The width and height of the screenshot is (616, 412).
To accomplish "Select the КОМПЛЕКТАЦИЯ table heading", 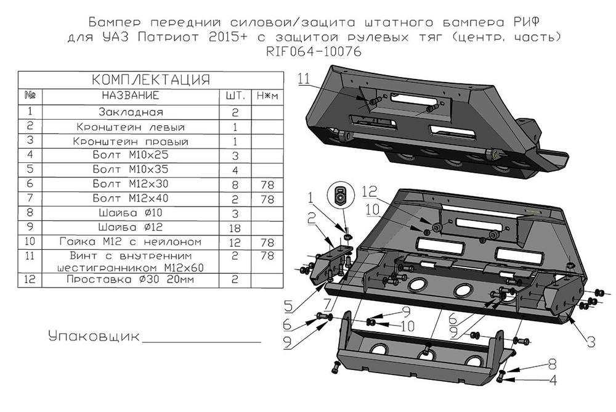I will click(151, 80).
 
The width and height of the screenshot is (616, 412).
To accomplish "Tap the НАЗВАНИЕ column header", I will click(131, 96).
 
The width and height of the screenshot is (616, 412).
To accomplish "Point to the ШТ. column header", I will click(236, 96).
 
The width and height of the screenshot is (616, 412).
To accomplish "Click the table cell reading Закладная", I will click(131, 112).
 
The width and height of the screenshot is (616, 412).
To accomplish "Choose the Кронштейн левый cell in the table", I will click(131, 127).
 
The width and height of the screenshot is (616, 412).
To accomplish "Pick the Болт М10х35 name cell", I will click(131, 169).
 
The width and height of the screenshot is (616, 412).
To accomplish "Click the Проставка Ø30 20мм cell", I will click(131, 279).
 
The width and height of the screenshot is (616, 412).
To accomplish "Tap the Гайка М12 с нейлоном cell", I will click(131, 241).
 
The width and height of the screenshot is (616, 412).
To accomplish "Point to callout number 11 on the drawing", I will click(303, 78).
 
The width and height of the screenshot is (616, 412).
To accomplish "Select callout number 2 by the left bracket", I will click(313, 215).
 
